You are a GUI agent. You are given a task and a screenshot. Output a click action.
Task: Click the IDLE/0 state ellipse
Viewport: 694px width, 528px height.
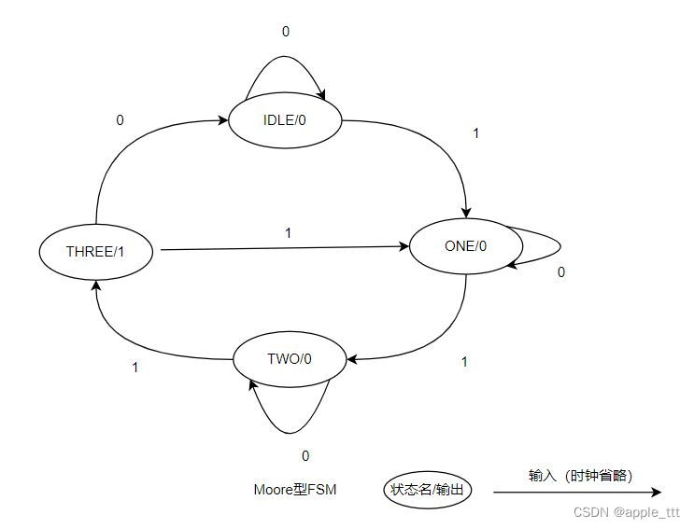(x=285, y=119)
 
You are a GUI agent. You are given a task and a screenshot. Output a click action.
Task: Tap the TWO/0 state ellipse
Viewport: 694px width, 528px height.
(x=289, y=358)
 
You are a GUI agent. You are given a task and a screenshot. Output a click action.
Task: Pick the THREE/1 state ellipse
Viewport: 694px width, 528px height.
(x=95, y=251)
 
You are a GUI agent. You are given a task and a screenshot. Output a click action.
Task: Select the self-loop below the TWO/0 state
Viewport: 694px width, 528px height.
(x=290, y=424)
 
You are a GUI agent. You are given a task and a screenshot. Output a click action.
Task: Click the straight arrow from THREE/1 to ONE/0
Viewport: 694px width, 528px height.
(x=280, y=248)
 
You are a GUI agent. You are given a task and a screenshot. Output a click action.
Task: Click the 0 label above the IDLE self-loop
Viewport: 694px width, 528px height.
(x=286, y=32)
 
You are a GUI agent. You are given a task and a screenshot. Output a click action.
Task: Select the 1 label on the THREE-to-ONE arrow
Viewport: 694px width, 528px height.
(x=288, y=232)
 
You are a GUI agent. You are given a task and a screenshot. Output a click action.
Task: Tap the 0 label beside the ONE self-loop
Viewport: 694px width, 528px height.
(x=560, y=272)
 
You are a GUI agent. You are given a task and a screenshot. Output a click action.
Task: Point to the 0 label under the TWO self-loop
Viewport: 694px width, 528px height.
(x=305, y=456)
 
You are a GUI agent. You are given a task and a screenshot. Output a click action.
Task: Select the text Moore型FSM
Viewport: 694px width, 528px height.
(x=295, y=490)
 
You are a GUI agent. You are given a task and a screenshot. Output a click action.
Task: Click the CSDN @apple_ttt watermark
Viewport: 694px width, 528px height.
(x=626, y=513)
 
